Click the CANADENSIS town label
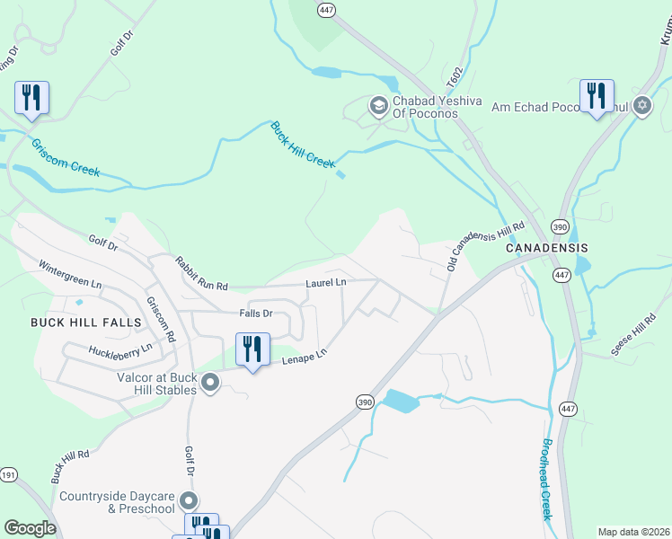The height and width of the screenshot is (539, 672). [546, 247]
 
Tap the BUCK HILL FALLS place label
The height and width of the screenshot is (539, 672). [86, 322]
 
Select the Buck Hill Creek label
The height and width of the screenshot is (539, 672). [303, 145]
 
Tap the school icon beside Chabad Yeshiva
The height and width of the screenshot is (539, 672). [378, 107]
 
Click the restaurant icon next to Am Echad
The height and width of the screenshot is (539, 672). [597, 95]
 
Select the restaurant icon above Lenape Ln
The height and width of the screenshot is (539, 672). [252, 349]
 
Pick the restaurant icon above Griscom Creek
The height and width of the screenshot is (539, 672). [31, 97]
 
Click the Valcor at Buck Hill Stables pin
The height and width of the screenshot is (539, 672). [211, 384]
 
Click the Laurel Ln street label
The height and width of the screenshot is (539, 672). [325, 282]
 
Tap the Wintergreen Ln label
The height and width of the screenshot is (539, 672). [70, 275]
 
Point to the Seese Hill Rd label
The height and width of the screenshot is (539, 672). [633, 335]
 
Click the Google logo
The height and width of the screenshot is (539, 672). [30, 528]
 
